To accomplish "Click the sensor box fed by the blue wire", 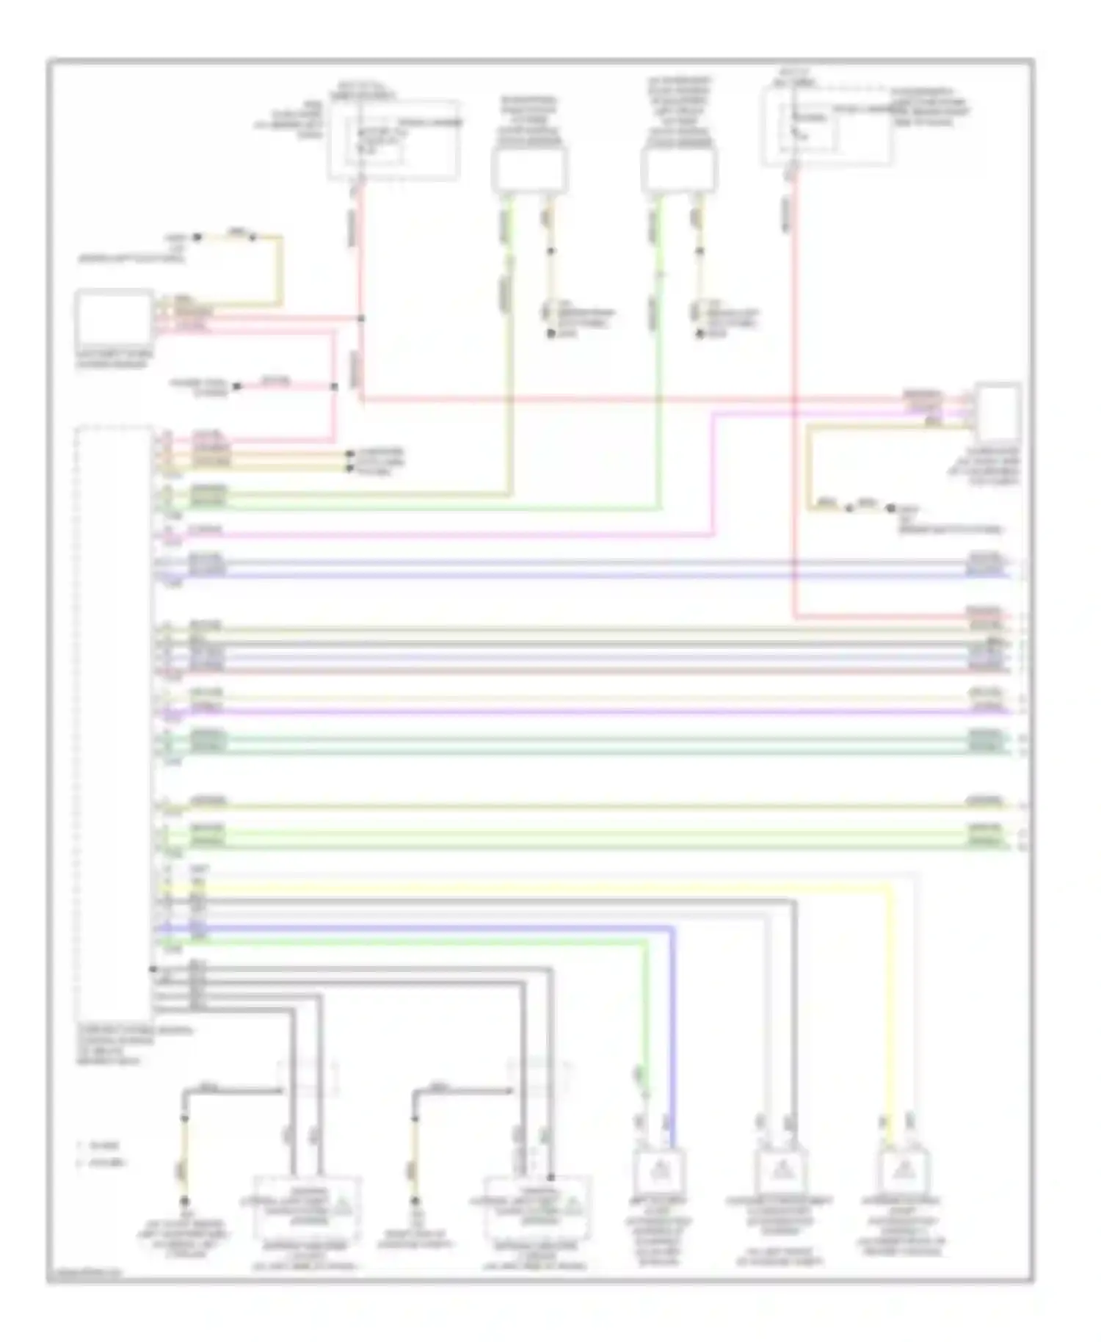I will coord(658,1169).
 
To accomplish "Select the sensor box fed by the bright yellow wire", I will coord(904,1169).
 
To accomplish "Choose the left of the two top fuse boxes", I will coord(393,139).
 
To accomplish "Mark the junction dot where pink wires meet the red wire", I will coord(360,319).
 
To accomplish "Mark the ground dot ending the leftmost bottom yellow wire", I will coord(184,1201).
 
